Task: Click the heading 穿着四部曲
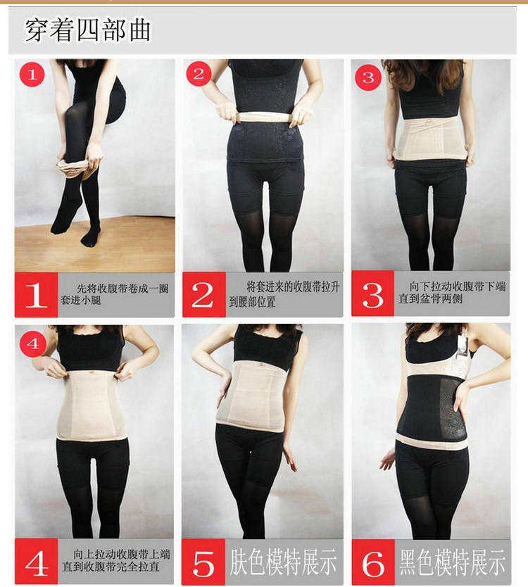coord(88,30)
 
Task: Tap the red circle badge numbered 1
coord(32,74)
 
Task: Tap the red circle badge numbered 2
coord(199,74)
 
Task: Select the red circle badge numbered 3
coord(367,76)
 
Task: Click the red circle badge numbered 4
coord(32,344)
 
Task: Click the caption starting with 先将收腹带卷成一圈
coord(116,295)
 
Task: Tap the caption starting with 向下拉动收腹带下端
coord(451,295)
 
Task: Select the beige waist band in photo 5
coord(251,395)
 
